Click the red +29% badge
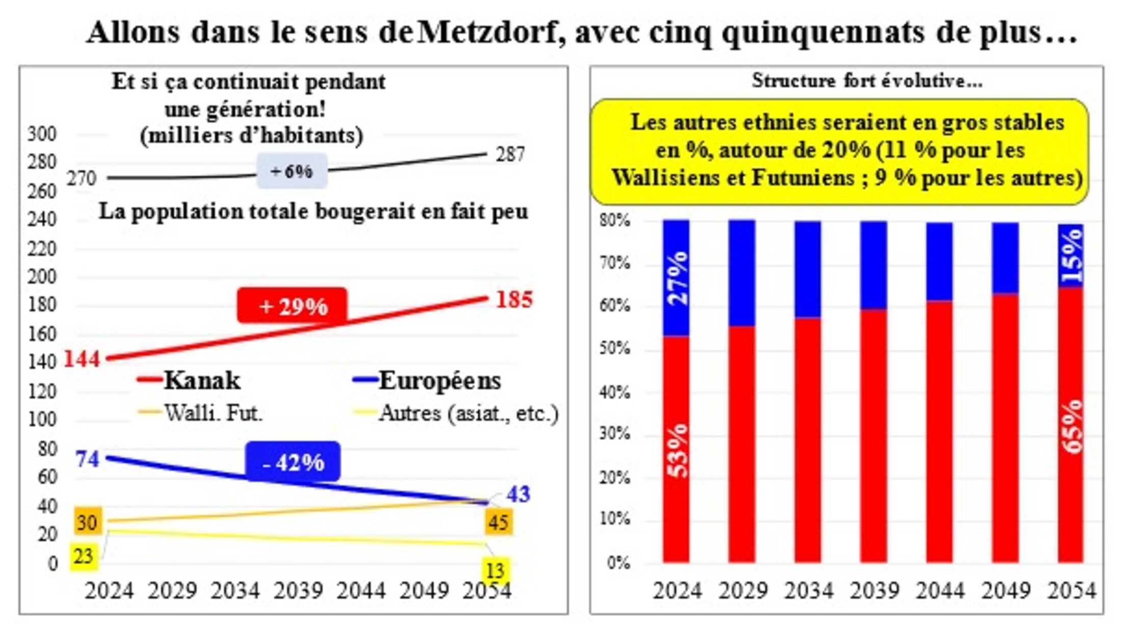(292, 306)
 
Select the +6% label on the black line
(291, 171)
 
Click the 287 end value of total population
(510, 154)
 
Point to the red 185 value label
(514, 300)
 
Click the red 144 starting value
(82, 359)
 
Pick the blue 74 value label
(87, 459)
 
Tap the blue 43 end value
(518, 494)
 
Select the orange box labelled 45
(498, 522)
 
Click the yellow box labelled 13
(495, 570)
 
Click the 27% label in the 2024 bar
(677, 278)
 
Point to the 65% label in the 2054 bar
(1072, 426)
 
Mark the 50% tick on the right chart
(615, 349)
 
